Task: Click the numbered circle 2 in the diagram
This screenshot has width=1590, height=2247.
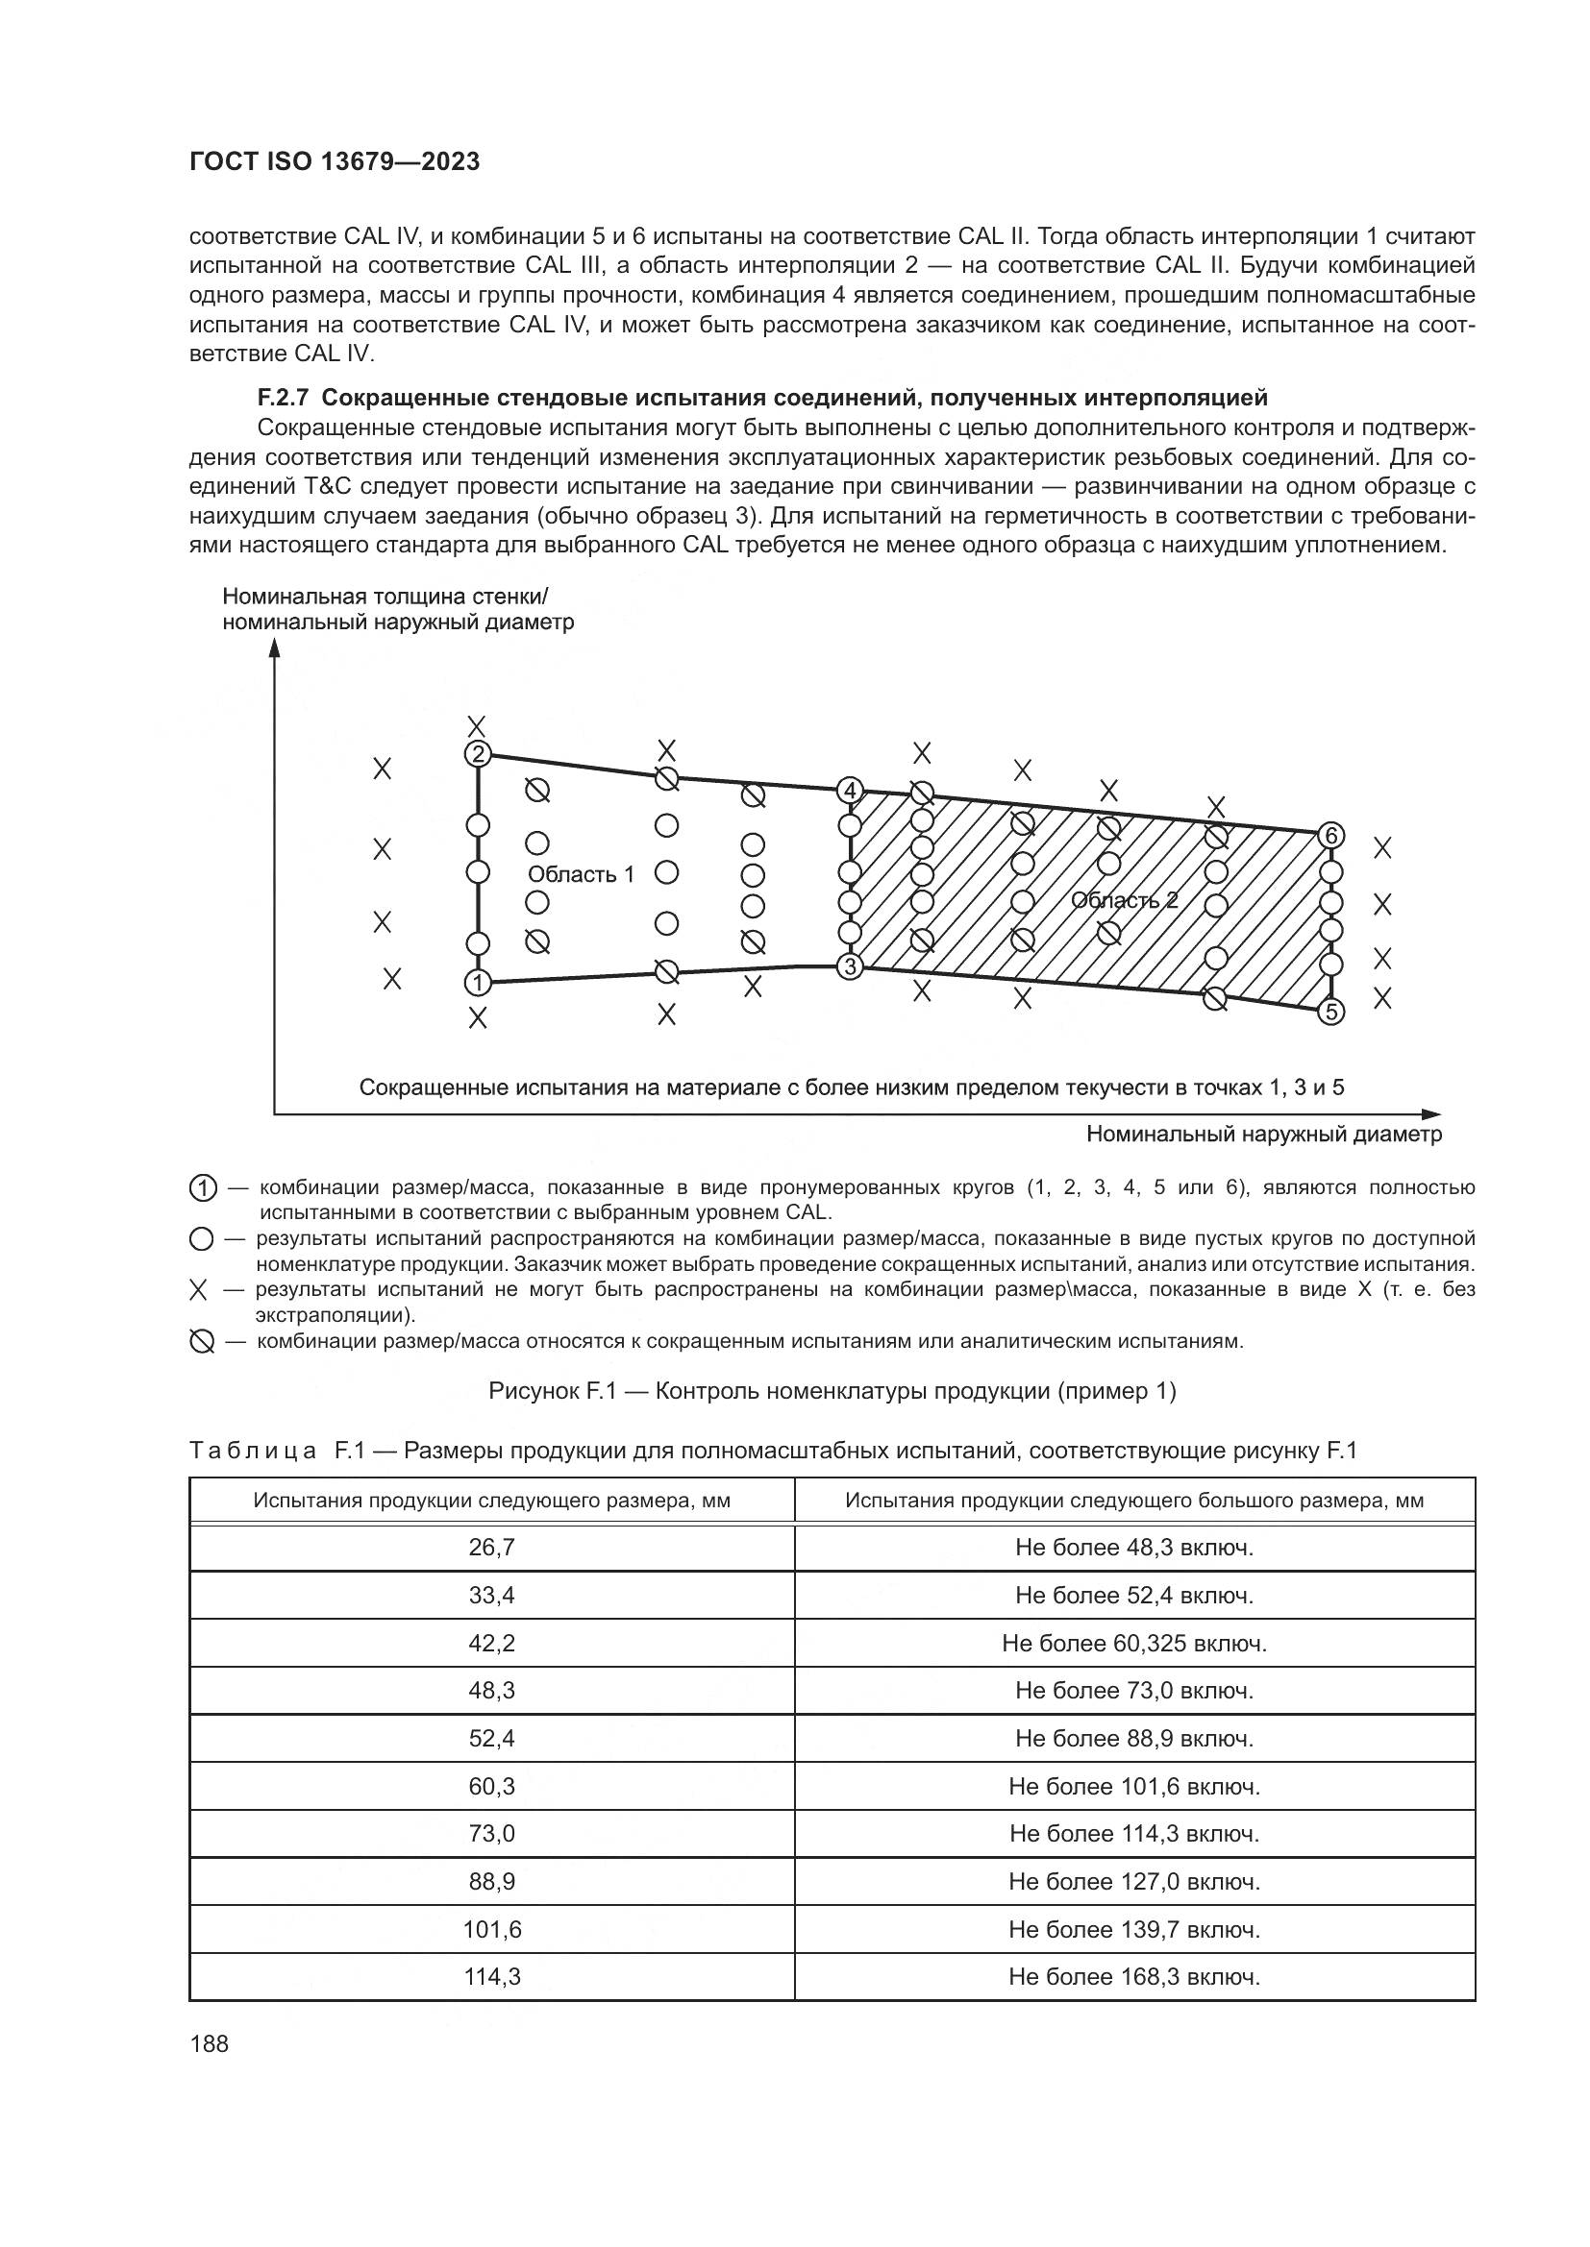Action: click(x=478, y=753)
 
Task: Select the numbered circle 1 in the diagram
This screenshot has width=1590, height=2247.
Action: click(x=478, y=982)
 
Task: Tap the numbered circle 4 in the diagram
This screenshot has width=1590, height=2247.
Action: click(x=850, y=790)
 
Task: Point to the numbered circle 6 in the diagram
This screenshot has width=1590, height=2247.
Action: click(x=1330, y=836)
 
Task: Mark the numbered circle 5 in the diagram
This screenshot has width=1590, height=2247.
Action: click(x=1330, y=1012)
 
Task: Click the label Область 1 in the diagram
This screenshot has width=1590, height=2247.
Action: click(x=581, y=874)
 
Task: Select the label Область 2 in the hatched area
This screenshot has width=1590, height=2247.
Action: click(x=1124, y=900)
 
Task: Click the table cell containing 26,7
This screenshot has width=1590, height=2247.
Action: click(x=491, y=1548)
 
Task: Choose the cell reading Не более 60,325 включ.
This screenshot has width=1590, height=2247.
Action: click(x=1133, y=1643)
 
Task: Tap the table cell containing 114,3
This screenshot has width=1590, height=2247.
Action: click(x=491, y=1977)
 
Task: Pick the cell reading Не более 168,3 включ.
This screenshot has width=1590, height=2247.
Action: click(x=1133, y=1977)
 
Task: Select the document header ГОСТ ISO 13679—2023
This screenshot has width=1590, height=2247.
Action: click(x=334, y=162)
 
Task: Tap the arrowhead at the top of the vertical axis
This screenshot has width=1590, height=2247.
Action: click(x=275, y=649)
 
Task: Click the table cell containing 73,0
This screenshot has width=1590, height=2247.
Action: click(x=491, y=1833)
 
